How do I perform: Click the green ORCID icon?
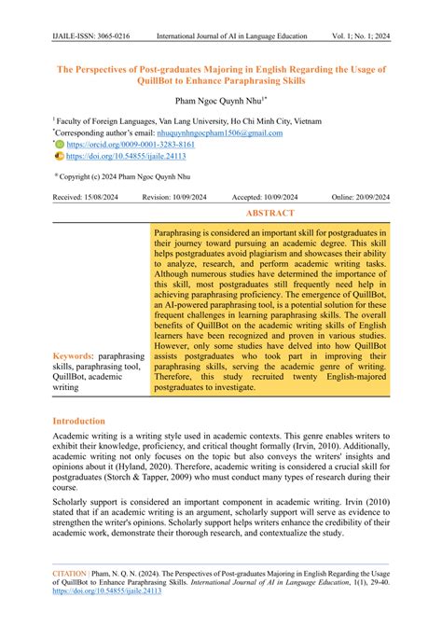click(60, 146)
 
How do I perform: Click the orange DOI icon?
click(60, 158)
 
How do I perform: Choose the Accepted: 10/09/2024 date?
click(266, 197)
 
